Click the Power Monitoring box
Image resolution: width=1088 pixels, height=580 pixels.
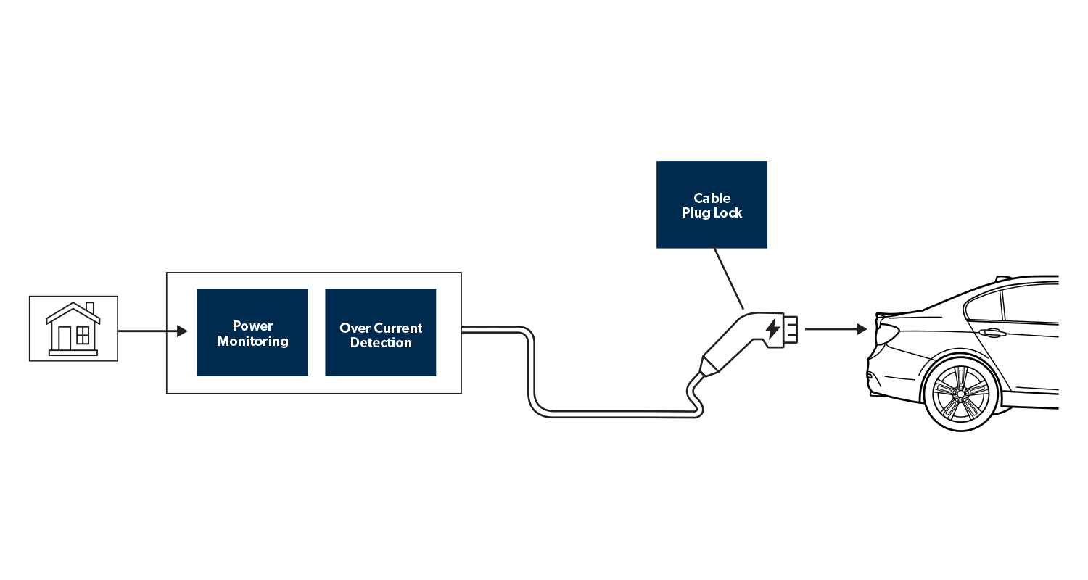click(x=252, y=332)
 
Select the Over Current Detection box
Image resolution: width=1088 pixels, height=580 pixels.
click(x=380, y=332)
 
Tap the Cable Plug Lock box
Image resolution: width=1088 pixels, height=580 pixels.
click(x=712, y=204)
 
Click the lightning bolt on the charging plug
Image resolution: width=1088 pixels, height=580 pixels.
click(x=773, y=328)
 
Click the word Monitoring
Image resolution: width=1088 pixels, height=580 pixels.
click(x=252, y=341)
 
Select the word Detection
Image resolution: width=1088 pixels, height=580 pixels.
click(x=381, y=343)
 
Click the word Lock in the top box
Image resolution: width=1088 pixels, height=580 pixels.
click(x=728, y=213)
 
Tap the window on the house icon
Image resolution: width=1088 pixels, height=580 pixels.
click(x=83, y=336)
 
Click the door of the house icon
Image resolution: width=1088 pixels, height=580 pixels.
click(x=65, y=339)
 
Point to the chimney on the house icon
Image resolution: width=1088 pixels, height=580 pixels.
click(x=89, y=307)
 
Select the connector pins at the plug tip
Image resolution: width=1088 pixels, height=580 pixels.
click(x=791, y=328)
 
